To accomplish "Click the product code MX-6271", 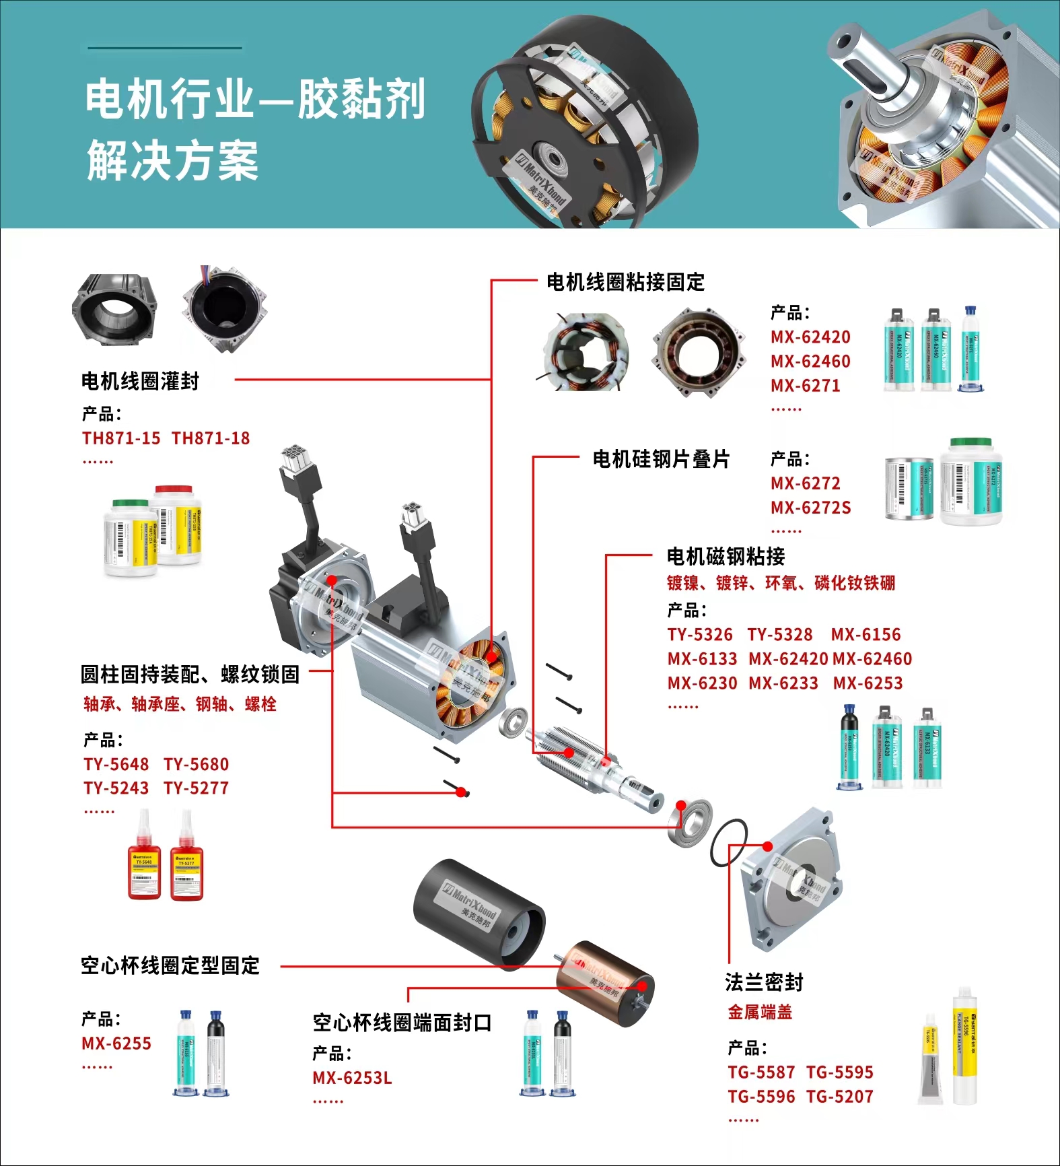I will point(805,386).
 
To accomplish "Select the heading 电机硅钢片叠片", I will point(661,459).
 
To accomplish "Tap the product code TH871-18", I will point(211,438).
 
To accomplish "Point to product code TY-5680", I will point(196,764).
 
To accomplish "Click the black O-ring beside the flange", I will point(728,843).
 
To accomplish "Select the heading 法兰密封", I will point(764,982).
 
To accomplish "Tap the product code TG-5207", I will point(839,1097).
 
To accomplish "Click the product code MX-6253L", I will point(352,1078).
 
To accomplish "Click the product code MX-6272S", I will point(810,508).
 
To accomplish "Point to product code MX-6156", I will point(865,634).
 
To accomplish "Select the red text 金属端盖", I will point(760,1012).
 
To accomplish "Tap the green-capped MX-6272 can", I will point(971,482).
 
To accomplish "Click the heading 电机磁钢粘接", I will point(726,557).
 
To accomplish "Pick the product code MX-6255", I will point(116,1043).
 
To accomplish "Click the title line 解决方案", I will point(172,161).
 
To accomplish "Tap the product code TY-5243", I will point(116,788).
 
